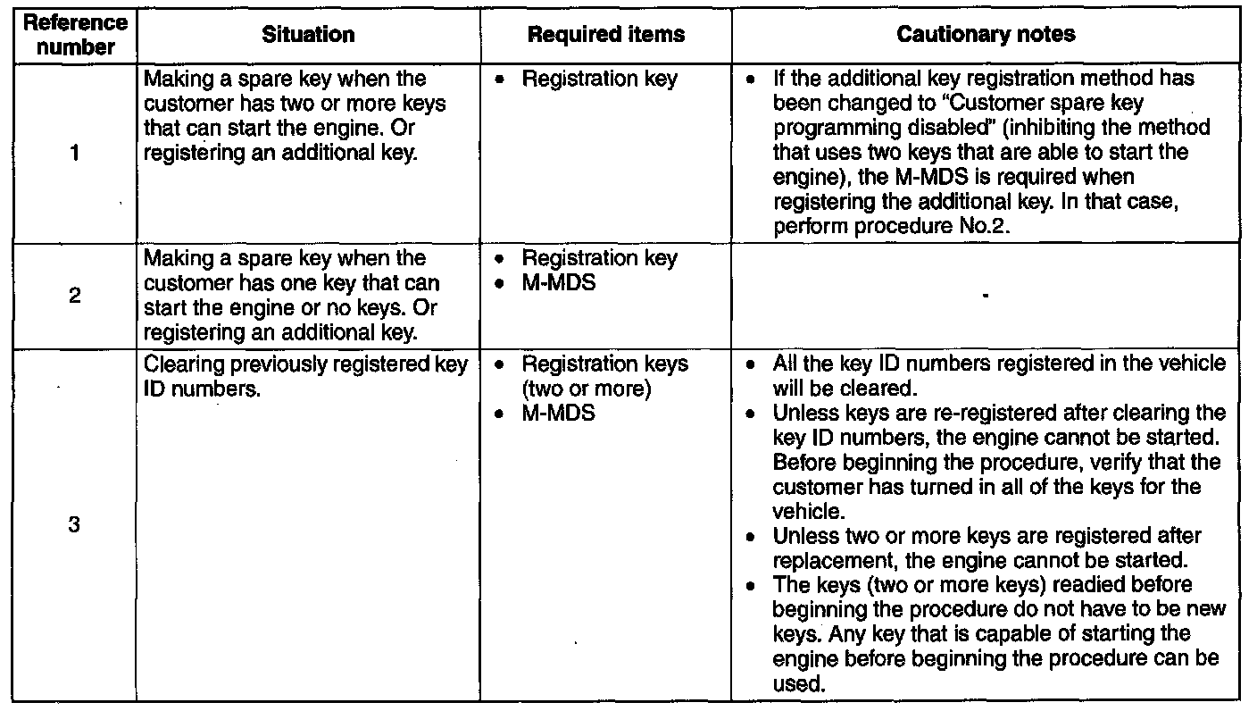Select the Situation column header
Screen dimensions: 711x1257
[308, 35]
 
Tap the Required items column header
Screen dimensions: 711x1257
[606, 35]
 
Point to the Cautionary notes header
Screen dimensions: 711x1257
[986, 35]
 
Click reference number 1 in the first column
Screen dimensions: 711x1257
[75, 154]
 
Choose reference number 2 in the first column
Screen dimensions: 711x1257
[75, 296]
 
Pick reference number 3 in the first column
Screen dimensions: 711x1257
[75, 526]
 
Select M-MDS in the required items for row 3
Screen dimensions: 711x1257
[558, 414]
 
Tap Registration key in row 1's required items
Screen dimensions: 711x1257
[599, 79]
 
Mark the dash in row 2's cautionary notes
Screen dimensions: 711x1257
[986, 297]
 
